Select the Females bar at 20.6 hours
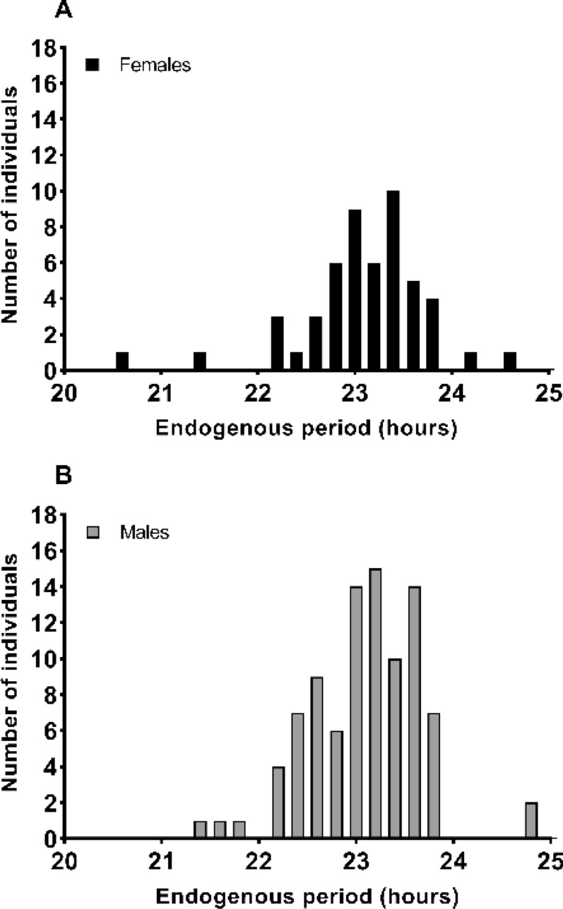click(122, 361)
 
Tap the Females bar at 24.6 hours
click(510, 361)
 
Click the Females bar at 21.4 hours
click(200, 361)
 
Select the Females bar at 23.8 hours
click(432, 335)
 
